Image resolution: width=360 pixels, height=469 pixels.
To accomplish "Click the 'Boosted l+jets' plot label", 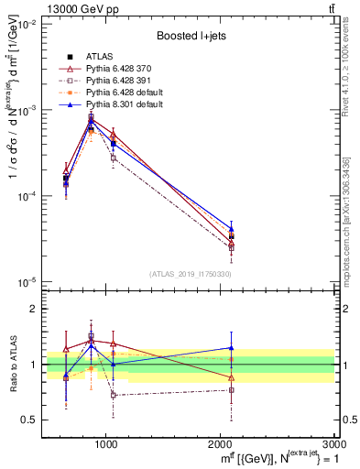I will click(x=190, y=37).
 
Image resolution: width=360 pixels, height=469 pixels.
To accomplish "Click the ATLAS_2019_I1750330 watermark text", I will click(x=190, y=274).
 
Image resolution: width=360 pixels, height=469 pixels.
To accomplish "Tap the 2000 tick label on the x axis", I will click(x=221, y=445).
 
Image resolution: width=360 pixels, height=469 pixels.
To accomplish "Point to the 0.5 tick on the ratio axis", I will click(x=31, y=420).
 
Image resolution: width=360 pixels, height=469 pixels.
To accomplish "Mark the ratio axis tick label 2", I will click(x=35, y=309).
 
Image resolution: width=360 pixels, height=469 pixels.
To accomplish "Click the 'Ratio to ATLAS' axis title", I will click(x=12, y=364).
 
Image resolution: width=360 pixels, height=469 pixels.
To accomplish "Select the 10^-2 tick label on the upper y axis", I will click(x=26, y=25).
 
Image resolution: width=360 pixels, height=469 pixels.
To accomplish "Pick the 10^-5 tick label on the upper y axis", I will click(x=26, y=281).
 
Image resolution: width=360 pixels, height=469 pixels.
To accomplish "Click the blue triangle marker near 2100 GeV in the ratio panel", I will click(x=232, y=347).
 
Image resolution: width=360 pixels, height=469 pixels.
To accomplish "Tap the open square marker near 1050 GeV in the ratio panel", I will click(x=113, y=395).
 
